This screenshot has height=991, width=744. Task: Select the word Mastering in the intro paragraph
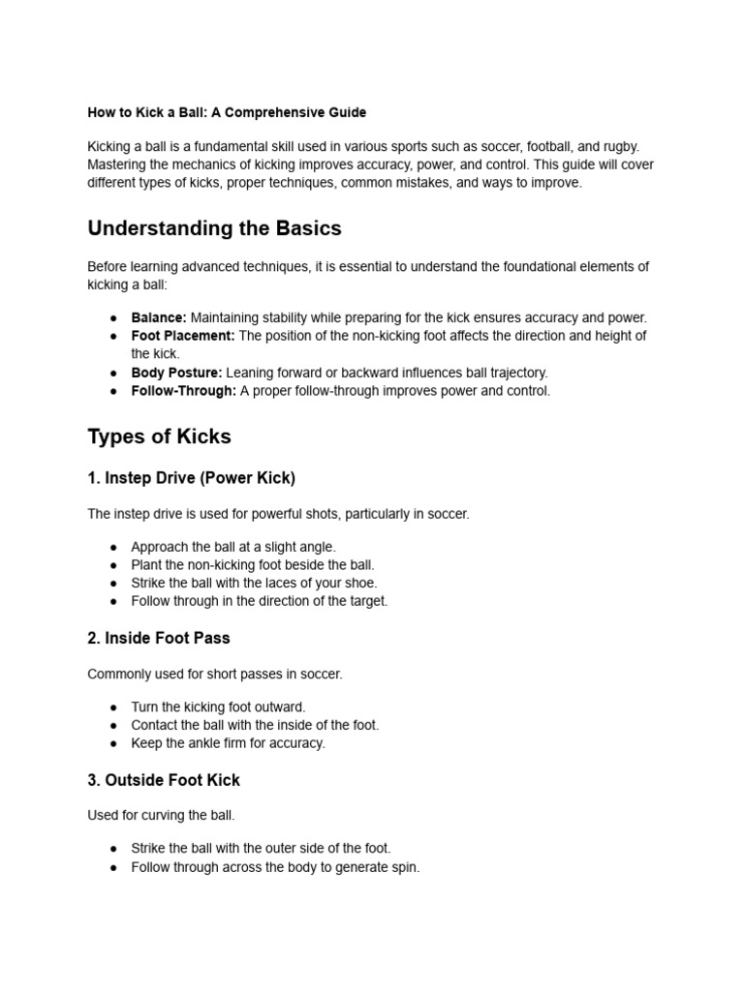click(x=118, y=165)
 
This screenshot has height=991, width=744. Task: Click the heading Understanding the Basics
click(x=214, y=228)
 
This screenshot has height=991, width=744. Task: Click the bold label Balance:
click(x=159, y=317)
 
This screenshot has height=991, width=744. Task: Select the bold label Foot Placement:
click(x=183, y=336)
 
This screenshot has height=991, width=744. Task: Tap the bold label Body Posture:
click(x=176, y=373)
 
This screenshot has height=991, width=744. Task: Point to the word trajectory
click(x=516, y=373)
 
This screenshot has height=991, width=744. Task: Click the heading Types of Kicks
click(x=159, y=436)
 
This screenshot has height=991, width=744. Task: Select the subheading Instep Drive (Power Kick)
click(x=199, y=478)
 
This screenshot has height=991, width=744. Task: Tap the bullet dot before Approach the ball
click(x=113, y=547)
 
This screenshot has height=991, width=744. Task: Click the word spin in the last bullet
click(x=404, y=867)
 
